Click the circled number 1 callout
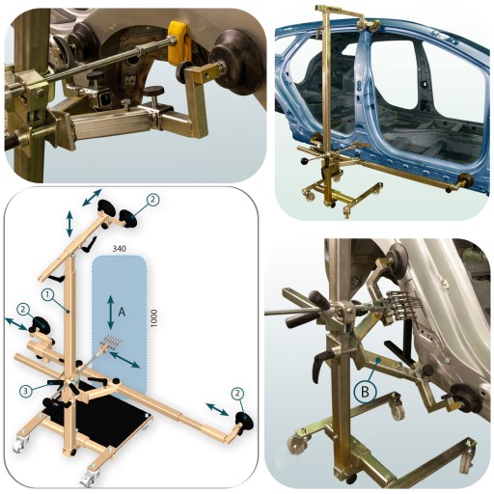(x=47, y=294)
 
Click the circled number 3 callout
(x=26, y=391)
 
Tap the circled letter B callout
(x=365, y=392)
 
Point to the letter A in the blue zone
(x=122, y=312)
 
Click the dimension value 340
(x=119, y=248)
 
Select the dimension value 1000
(x=154, y=318)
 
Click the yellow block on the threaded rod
(x=179, y=41)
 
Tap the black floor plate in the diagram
(x=99, y=418)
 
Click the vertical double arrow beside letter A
(x=111, y=313)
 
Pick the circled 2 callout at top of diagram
(x=152, y=200)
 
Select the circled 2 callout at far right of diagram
(x=237, y=393)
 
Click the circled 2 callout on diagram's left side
(x=23, y=310)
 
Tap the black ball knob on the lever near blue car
(x=305, y=161)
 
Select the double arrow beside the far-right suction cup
(x=218, y=409)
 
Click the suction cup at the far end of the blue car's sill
(x=465, y=180)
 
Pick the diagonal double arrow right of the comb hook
(x=124, y=360)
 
